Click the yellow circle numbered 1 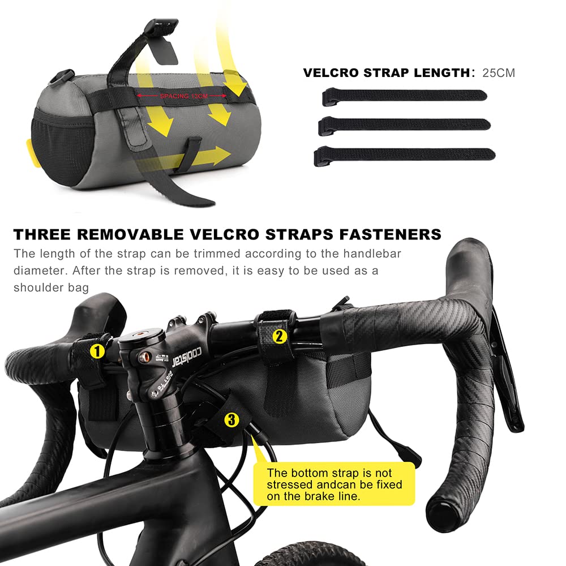click(x=97, y=351)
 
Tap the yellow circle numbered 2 click(x=278, y=336)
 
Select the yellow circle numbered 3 click(x=231, y=420)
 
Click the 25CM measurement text click(x=499, y=72)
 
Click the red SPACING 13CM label click(x=178, y=97)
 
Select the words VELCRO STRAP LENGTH click(x=385, y=73)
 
